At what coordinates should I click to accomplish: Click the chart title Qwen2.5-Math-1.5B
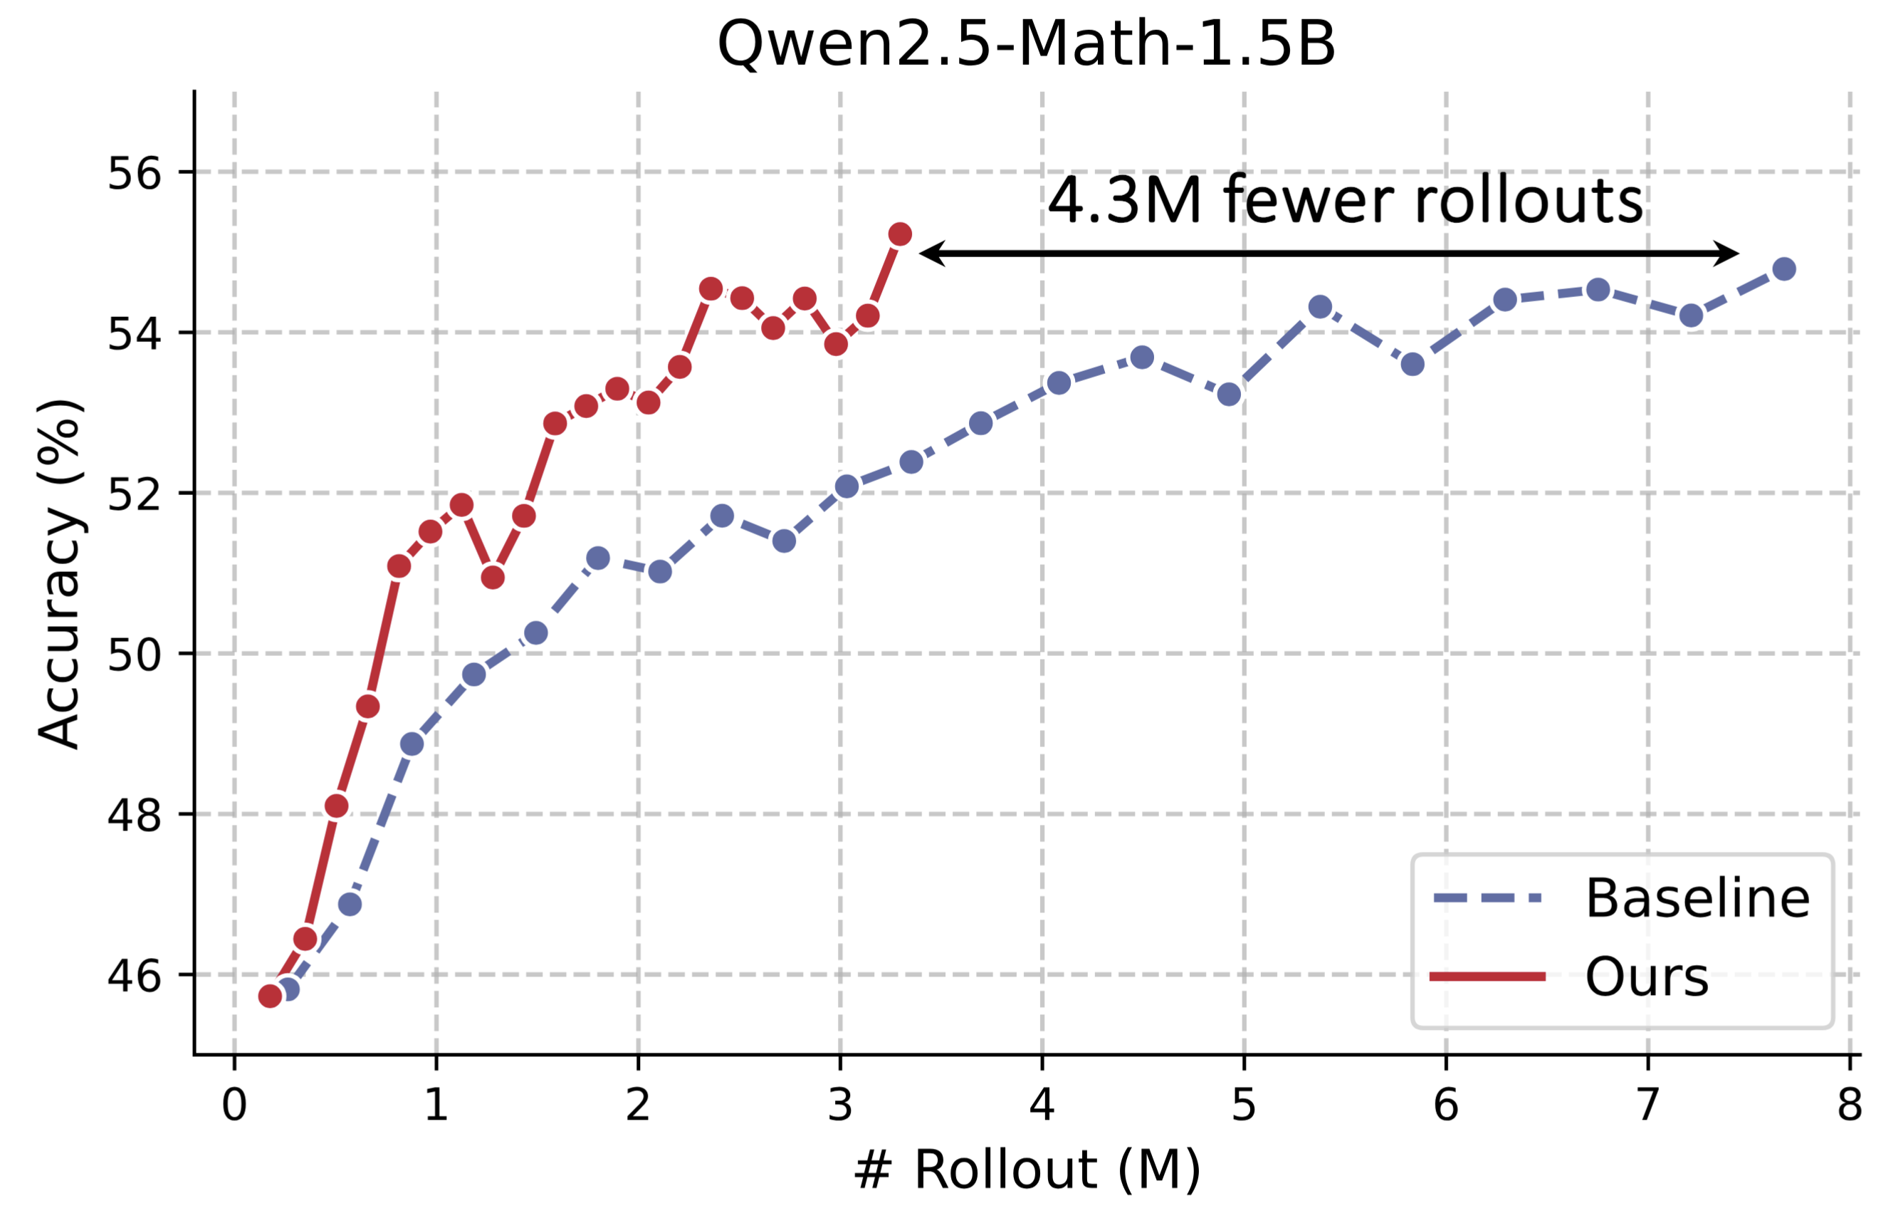(x=1025, y=44)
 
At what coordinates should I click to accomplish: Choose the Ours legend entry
(x=1647, y=977)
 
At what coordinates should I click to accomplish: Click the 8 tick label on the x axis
(x=1850, y=1105)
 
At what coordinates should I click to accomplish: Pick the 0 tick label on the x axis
(x=234, y=1105)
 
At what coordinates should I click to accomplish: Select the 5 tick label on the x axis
(x=1244, y=1105)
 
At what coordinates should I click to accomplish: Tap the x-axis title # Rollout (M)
(x=1025, y=1170)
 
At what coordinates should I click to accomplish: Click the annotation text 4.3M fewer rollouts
(x=1345, y=201)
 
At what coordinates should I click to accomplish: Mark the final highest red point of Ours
(x=900, y=234)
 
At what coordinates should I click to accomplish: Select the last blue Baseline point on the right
(x=1783, y=269)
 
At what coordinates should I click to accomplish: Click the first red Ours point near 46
(x=270, y=996)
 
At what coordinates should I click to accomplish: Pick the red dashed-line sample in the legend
(x=1487, y=977)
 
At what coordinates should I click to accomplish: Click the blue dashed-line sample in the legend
(x=1487, y=898)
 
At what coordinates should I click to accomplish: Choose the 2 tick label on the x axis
(x=638, y=1105)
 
